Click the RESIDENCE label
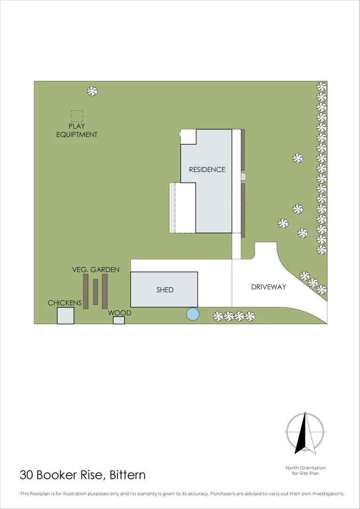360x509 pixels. tap(207, 170)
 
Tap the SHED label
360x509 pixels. tap(165, 290)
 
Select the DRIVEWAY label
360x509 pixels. tap(268, 287)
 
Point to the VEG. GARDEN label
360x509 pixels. tap(96, 270)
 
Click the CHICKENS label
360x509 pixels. tap(65, 303)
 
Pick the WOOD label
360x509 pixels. tap(120, 313)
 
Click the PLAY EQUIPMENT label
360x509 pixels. tap(77, 131)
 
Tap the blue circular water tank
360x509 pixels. tap(192, 314)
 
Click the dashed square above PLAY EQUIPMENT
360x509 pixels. tap(77, 116)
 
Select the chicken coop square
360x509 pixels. tap(65, 316)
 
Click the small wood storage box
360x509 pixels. tap(119, 320)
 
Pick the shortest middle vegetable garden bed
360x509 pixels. tap(95, 292)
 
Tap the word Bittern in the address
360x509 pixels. tap(127, 475)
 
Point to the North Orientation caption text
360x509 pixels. tap(305, 470)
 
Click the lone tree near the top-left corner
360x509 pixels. tap(92, 91)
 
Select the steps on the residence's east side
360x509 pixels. tap(244, 177)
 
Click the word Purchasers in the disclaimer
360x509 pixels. tap(226, 494)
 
